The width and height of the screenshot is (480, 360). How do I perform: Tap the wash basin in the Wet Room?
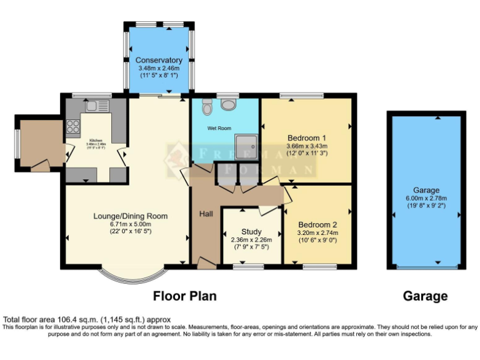[x=229, y=104]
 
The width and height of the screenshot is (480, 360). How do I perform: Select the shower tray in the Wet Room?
[x=247, y=147]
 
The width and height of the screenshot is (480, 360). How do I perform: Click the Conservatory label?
[x=159, y=61]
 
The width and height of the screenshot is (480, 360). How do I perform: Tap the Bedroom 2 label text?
[x=317, y=224]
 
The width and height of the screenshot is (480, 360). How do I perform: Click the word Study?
[x=251, y=232]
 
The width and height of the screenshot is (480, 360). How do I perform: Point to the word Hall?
[x=206, y=214]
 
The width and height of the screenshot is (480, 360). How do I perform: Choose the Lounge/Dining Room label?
[x=131, y=216]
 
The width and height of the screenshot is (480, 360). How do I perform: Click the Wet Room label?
[x=219, y=128]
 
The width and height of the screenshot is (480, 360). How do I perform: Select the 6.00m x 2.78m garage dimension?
[x=426, y=198]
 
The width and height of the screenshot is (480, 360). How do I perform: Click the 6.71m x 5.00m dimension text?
[x=131, y=224]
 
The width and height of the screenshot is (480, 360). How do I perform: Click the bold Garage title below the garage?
[x=426, y=296]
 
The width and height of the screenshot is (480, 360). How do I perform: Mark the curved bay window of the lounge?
[x=135, y=276]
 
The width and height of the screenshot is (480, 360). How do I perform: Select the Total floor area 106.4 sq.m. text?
[x=87, y=319]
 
